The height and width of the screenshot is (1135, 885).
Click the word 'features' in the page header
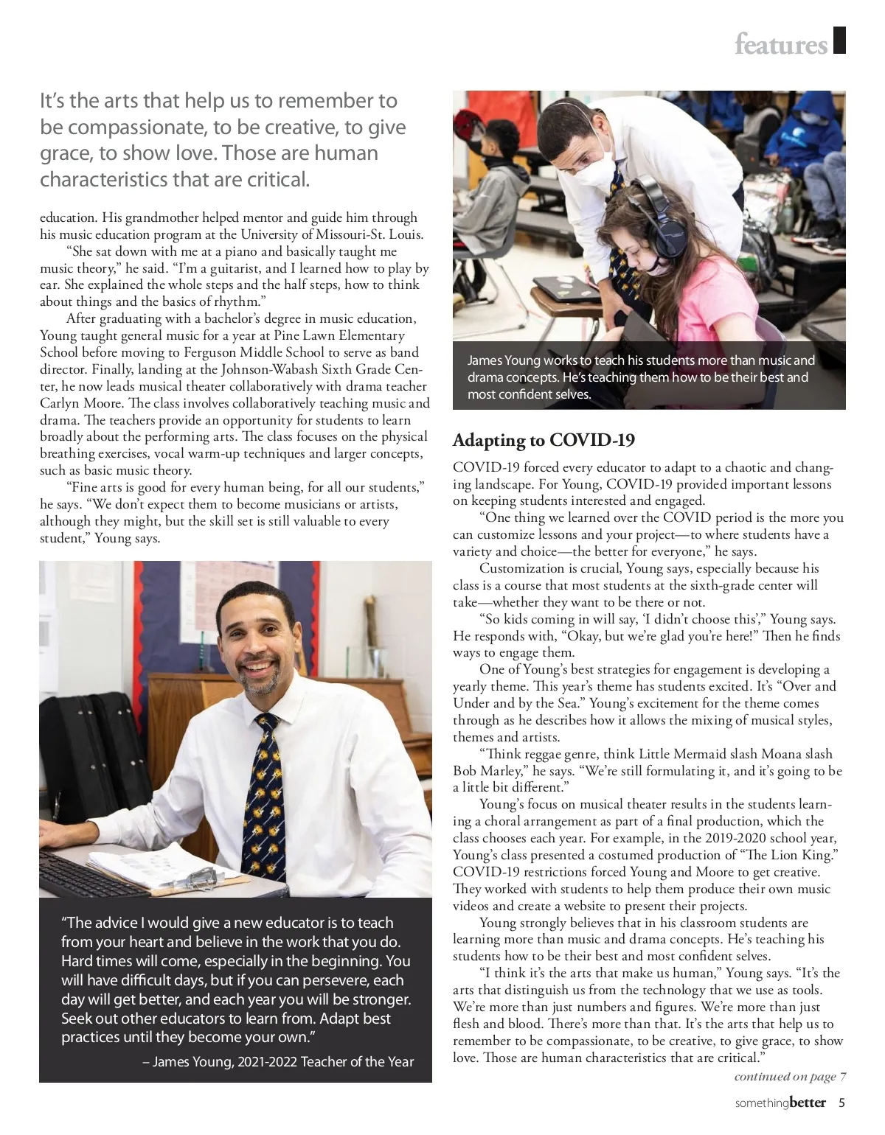[780, 45]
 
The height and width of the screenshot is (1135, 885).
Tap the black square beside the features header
[839, 41]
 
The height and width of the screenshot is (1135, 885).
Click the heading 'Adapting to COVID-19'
[544, 440]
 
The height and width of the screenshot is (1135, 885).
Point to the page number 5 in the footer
[841, 1103]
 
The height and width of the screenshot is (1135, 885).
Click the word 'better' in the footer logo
[808, 1103]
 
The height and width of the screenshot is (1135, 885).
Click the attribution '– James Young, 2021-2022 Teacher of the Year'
[278, 1062]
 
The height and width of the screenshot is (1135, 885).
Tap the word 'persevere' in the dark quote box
[335, 980]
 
